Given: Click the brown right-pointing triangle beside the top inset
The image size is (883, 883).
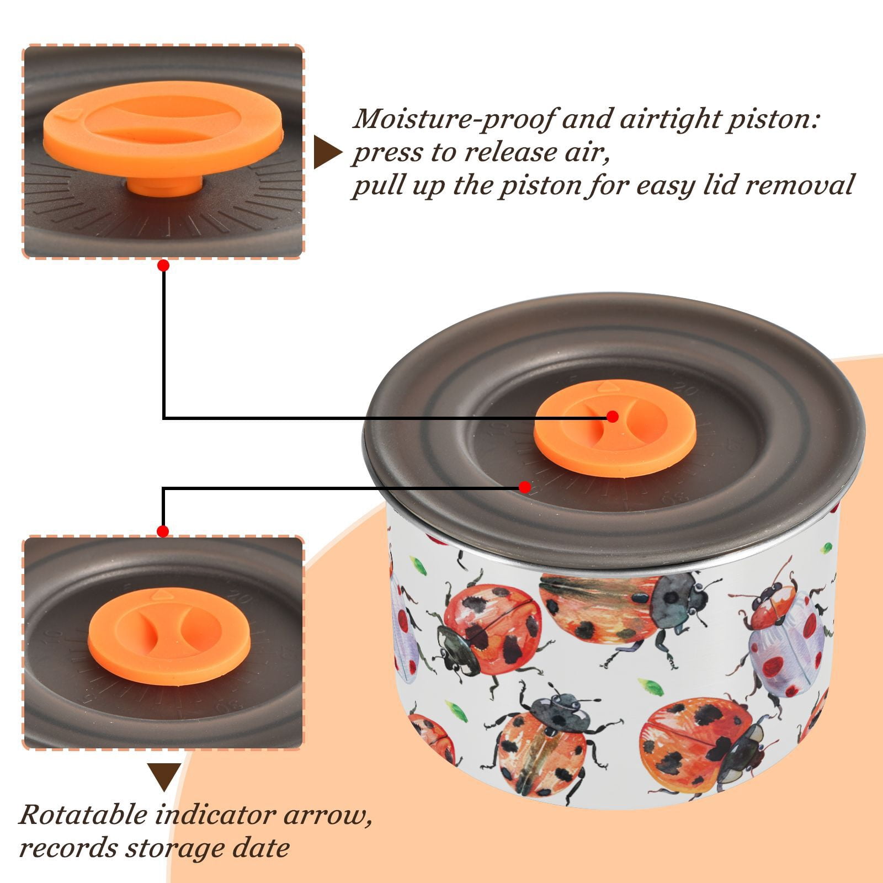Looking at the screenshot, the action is (x=328, y=153).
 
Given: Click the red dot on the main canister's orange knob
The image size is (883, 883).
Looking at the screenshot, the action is (x=612, y=417).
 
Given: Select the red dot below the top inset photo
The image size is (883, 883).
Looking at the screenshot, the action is (x=163, y=266).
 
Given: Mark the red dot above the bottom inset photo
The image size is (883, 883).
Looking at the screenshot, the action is (x=163, y=531).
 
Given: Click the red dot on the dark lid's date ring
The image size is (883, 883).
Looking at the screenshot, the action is (x=525, y=487).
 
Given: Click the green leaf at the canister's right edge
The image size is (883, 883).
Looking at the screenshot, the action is (x=827, y=549).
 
